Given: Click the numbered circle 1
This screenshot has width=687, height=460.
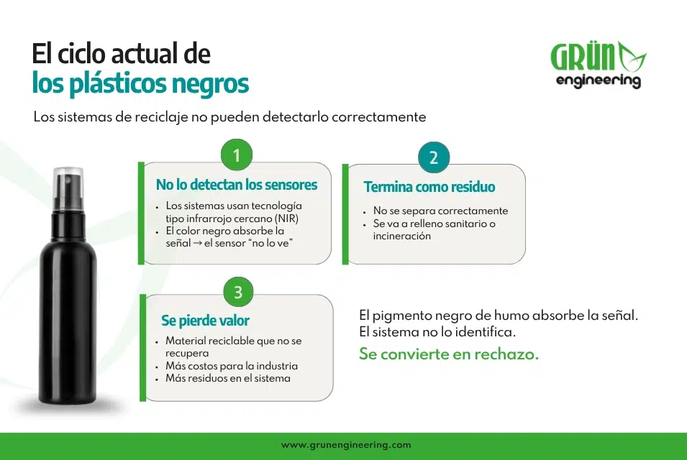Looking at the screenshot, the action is (237, 155).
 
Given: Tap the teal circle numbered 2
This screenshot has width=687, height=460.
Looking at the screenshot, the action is (434, 157).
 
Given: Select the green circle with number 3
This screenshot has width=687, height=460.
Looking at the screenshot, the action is (238, 292).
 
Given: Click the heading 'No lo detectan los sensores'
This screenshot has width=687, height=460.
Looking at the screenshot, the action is (237, 185).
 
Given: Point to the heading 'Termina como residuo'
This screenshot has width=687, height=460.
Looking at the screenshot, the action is (429, 187).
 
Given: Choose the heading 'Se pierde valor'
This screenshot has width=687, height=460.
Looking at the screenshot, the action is (205, 321).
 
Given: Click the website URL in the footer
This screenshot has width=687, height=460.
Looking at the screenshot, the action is (346, 445).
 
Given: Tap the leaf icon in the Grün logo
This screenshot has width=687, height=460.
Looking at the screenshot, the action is (632, 57).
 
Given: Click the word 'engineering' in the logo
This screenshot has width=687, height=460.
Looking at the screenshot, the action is (598, 81).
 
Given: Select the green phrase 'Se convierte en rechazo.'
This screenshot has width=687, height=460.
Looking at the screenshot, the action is (449, 354).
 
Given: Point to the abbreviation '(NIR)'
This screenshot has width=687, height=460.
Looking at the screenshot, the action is (286, 218).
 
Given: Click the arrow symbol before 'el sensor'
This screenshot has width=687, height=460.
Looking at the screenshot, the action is (197, 243).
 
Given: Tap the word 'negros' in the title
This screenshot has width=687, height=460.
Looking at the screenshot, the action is (210, 83).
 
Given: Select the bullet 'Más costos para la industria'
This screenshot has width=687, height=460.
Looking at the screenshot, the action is (232, 366).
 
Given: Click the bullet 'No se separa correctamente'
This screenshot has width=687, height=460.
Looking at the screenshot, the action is (440, 211).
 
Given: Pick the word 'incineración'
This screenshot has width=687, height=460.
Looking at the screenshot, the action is (402, 236).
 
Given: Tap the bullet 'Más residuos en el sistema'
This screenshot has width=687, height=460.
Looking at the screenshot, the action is (228, 378).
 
